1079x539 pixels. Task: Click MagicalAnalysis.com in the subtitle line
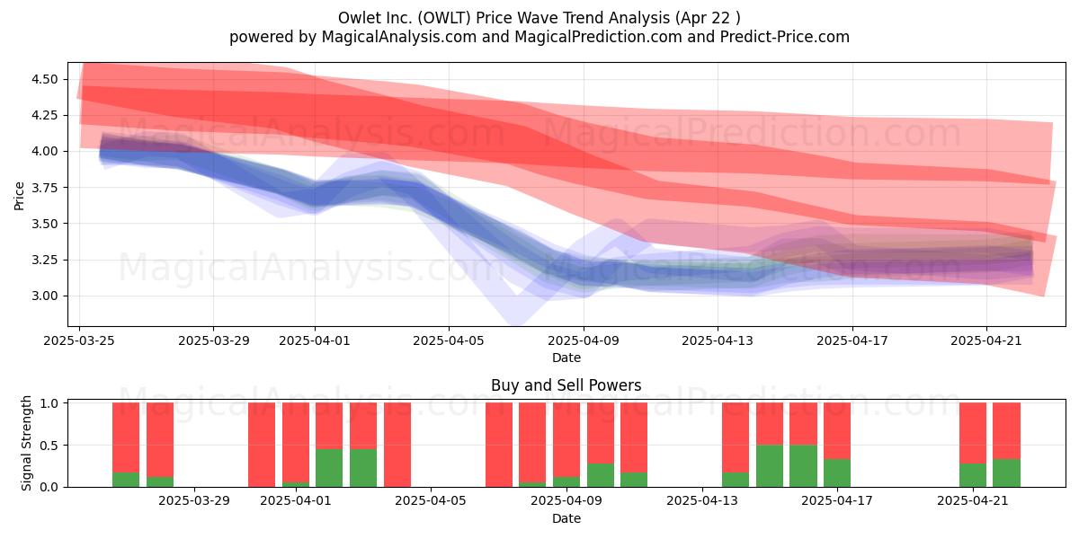(x=399, y=37)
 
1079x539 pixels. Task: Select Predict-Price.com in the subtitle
(x=785, y=37)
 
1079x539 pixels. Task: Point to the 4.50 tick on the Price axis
(x=45, y=79)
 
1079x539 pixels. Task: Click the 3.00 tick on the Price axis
(x=45, y=296)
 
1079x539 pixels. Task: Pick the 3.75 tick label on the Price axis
(x=45, y=187)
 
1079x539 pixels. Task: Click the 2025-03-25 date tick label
(x=79, y=340)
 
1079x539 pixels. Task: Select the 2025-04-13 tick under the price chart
(x=718, y=340)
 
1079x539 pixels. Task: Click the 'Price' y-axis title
(x=19, y=196)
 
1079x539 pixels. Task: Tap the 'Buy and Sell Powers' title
(x=566, y=385)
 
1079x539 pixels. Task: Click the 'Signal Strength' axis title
(x=26, y=443)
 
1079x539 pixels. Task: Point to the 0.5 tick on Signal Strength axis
(x=49, y=446)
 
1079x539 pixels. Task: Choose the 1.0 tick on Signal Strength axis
(x=49, y=403)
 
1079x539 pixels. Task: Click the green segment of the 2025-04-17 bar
(x=837, y=473)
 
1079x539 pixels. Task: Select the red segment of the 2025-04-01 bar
(x=296, y=442)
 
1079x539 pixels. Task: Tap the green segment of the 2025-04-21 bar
(x=973, y=475)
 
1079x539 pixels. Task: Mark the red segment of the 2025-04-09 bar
(x=566, y=440)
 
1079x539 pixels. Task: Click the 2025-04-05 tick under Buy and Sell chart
(x=431, y=501)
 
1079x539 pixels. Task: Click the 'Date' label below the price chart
(x=566, y=358)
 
